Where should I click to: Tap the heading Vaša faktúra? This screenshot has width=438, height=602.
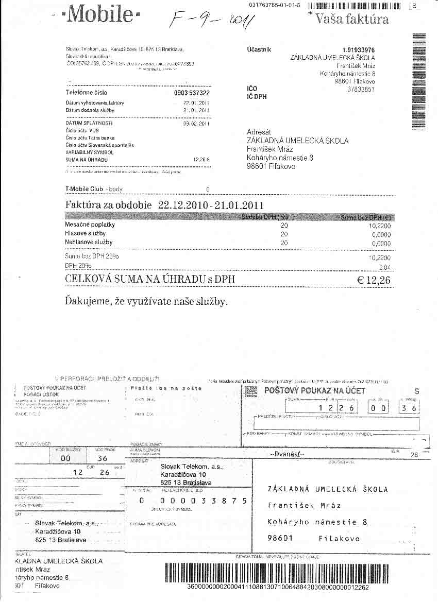click(352, 20)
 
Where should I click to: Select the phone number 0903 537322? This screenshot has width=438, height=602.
click(192, 93)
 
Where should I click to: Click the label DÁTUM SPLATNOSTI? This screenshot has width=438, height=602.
click(89, 124)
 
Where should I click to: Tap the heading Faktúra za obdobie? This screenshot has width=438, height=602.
click(109, 204)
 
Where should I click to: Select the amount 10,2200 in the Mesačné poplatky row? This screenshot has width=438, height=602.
click(380, 226)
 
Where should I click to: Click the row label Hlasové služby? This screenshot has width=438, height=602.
click(85, 233)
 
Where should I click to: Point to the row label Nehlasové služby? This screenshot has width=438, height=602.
click(89, 242)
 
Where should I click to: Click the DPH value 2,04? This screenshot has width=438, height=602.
click(384, 267)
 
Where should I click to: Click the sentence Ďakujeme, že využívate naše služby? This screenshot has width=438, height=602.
click(146, 301)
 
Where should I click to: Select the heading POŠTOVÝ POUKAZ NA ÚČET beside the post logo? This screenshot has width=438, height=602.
click(314, 391)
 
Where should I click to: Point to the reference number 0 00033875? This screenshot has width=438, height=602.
click(192, 501)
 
